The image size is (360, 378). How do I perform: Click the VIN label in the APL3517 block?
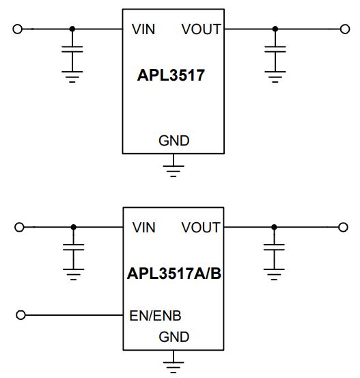[143, 29]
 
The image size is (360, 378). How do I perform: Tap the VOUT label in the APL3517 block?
[202, 29]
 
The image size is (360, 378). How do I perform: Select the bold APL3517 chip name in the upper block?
[171, 75]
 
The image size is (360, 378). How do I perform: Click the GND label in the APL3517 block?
[174, 141]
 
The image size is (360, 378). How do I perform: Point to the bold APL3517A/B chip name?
[174, 273]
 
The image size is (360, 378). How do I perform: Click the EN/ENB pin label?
[155, 316]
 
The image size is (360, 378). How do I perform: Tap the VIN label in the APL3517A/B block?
[144, 228]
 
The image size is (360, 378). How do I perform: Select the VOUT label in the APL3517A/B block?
[201, 228]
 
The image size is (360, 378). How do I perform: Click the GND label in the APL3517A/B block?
[174, 337]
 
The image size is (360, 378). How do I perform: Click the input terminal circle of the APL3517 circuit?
[17, 29]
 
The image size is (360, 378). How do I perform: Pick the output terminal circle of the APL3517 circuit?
[345, 29]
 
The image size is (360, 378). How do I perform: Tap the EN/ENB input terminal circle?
[20, 315]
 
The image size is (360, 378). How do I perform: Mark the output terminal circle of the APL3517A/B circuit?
[343, 227]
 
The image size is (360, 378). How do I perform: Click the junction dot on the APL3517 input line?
[72, 29]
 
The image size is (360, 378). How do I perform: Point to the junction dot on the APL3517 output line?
[275, 29]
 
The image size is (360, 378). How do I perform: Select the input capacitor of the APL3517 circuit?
[72, 49]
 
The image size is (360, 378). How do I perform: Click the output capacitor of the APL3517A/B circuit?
[274, 247]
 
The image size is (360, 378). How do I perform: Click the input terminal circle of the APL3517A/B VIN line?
[19, 227]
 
